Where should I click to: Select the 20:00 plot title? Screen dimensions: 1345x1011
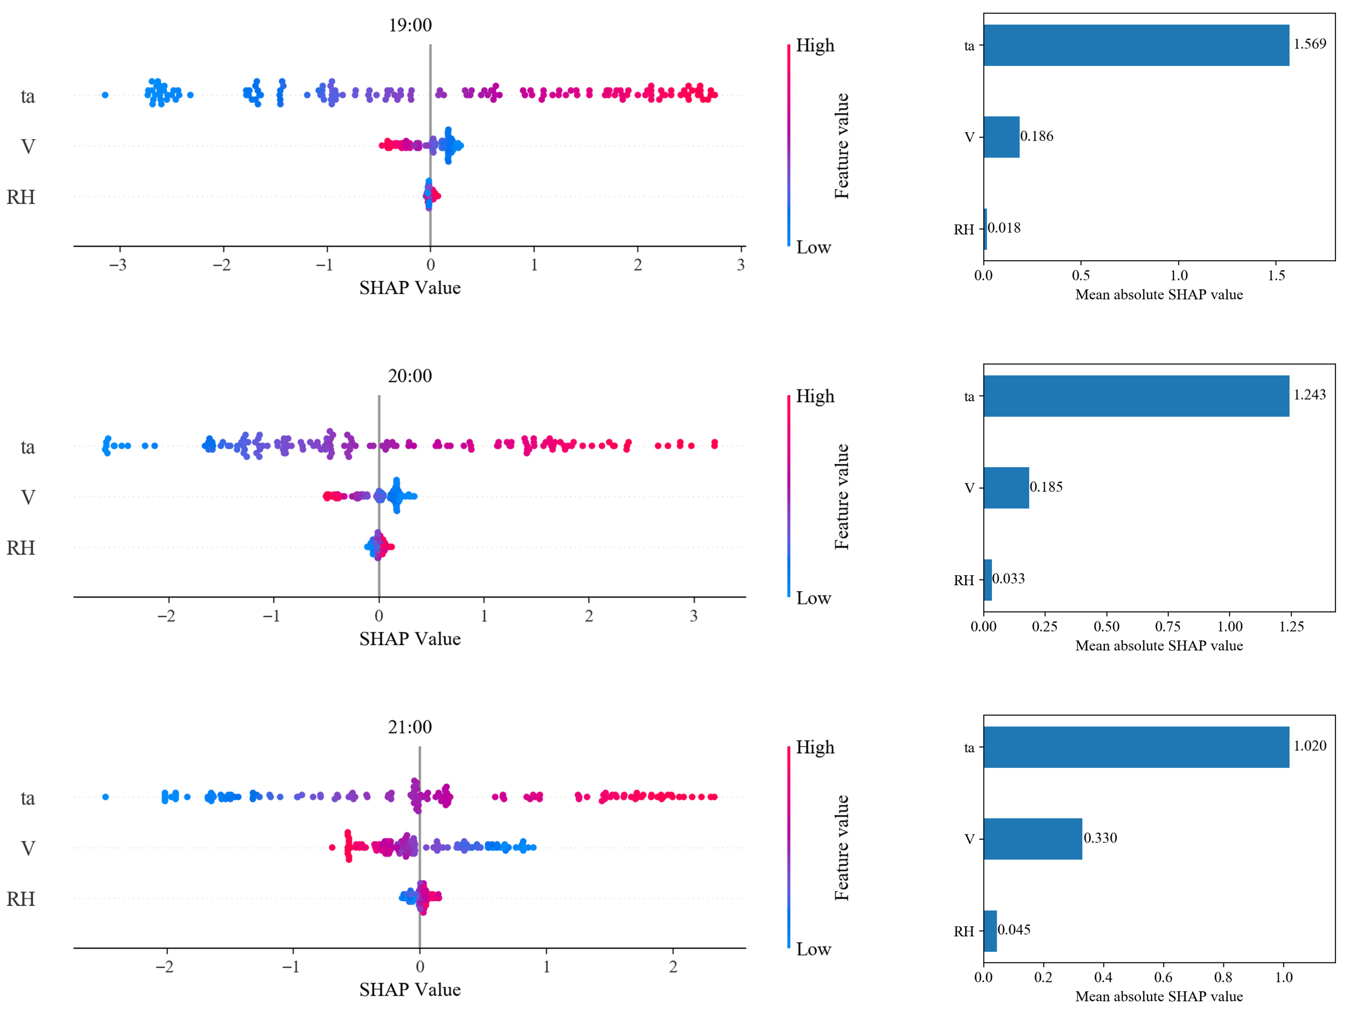coord(410,376)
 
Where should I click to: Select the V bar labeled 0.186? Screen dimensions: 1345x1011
coord(1002,137)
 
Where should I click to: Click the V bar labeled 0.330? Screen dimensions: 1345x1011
coord(1033,839)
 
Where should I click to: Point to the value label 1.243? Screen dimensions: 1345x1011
coord(1310,395)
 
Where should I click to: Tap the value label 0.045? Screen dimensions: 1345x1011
coord(1014,930)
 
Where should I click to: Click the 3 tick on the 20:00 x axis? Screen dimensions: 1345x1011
coord(694,616)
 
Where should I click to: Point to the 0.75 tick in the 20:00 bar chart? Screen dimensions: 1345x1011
coord(1168,626)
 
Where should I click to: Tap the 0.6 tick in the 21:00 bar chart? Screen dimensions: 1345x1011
coord(1163,978)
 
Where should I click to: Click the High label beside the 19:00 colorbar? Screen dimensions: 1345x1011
coord(815,46)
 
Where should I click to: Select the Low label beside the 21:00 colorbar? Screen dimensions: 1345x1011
coord(813,949)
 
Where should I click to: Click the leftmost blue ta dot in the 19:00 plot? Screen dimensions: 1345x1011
coord(105,95)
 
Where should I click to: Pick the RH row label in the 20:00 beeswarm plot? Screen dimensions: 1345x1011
coord(21,548)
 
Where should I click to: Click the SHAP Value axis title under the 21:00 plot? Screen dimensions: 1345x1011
coord(410,990)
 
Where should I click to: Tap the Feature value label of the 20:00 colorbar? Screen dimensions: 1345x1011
coord(842,497)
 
